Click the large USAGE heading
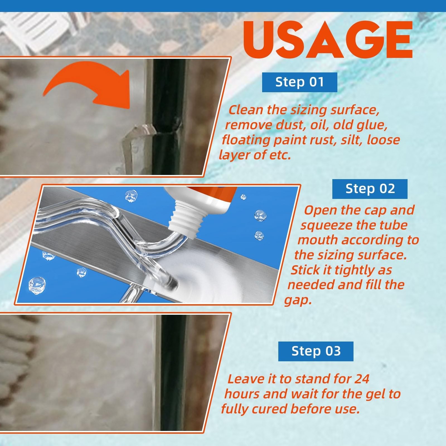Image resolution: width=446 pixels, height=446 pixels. (x=328, y=39)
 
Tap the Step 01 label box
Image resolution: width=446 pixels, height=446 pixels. (x=300, y=82)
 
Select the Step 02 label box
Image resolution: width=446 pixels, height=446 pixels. (x=370, y=189)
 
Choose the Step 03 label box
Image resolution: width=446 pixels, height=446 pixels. (x=316, y=351)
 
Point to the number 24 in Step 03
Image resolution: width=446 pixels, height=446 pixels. (x=362, y=379)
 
